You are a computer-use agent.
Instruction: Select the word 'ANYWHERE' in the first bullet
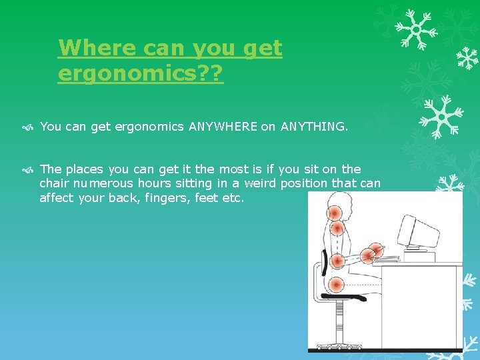[223, 126]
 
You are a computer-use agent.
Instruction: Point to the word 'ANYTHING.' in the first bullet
[314, 126]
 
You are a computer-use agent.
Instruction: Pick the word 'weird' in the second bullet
[261, 183]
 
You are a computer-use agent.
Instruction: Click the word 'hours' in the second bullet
[156, 183]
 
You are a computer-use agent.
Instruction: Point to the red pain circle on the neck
[337, 229]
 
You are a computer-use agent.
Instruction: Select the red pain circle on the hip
[337, 285]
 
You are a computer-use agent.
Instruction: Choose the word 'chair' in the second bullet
[55, 183]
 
